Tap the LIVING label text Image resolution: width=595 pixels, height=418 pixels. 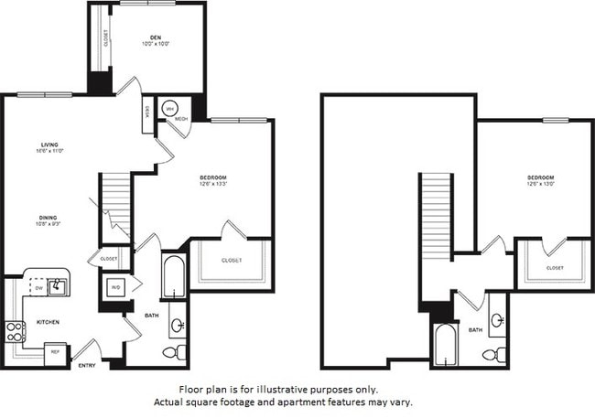coord(50,145)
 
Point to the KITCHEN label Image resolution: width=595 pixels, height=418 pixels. coord(49,323)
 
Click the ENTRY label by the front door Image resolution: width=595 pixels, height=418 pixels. coord(87,366)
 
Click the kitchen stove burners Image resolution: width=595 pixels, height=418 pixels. coord(16,331)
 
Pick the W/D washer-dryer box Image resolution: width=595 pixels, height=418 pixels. coord(116,286)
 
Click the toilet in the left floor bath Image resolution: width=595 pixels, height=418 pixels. coord(175,352)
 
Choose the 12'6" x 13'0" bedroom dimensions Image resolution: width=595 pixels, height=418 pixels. coord(540,184)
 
